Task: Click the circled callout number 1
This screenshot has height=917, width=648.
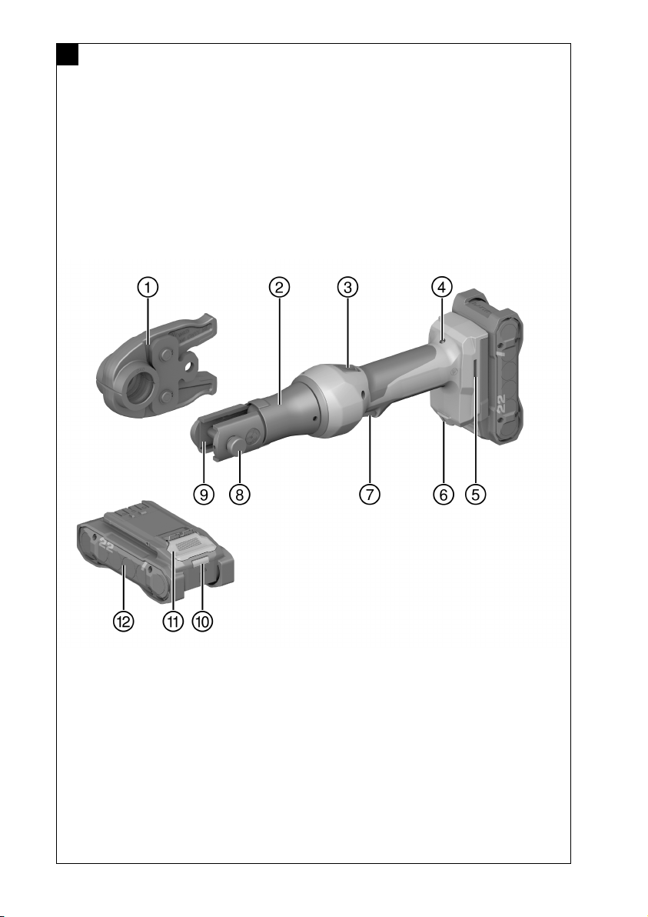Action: coord(148,287)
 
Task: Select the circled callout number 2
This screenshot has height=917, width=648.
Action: coord(279,287)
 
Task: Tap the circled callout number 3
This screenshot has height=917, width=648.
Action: coord(347,287)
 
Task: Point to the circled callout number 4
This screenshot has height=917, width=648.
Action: coord(442,287)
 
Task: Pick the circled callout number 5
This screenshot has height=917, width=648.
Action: coord(476,494)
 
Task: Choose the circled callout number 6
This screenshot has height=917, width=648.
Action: coord(444,494)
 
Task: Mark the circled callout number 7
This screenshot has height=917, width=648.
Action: coord(369,494)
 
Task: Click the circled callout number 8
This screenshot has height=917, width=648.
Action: coord(240,494)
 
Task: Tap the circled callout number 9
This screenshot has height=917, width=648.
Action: coord(204,494)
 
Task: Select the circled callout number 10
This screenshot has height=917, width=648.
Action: coord(202,621)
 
